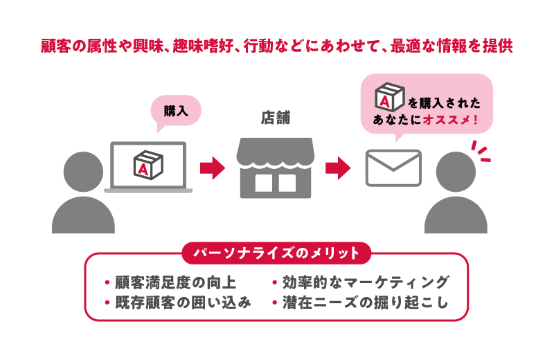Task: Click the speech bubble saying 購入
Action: click(x=175, y=111)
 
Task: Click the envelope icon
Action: click(x=393, y=168)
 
